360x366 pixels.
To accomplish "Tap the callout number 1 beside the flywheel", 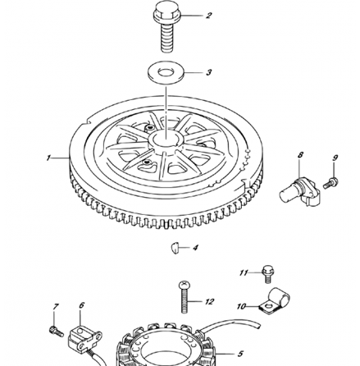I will (49, 156).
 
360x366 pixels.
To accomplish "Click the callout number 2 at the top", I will (209, 15).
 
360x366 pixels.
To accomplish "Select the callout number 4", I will (195, 246).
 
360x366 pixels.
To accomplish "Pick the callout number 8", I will (300, 154).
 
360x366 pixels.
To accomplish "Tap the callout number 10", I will (242, 306).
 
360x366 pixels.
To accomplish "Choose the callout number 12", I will (210, 302).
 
